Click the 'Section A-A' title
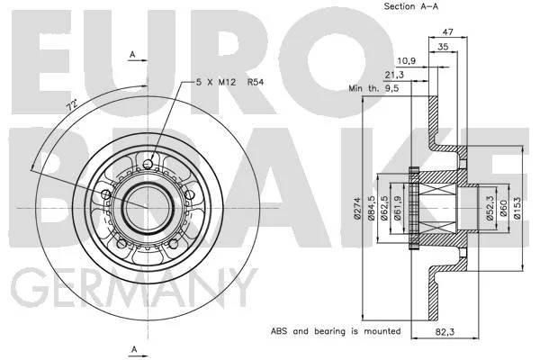(411, 6)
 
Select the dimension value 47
(447, 32)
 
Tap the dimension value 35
(443, 47)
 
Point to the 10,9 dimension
(407, 61)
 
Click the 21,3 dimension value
(394, 75)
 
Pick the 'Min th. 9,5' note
(373, 88)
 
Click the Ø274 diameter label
(357, 208)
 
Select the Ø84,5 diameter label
(371, 208)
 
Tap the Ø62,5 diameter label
(384, 208)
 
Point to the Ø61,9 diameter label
(398, 208)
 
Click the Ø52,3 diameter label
(490, 208)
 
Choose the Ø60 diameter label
(503, 208)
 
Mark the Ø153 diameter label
(517, 208)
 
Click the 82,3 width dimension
(445, 332)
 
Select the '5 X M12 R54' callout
(229, 82)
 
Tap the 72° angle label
(72, 104)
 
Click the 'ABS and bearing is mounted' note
(336, 331)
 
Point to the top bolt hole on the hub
(148, 164)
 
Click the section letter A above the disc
(132, 54)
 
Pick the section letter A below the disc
(134, 349)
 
